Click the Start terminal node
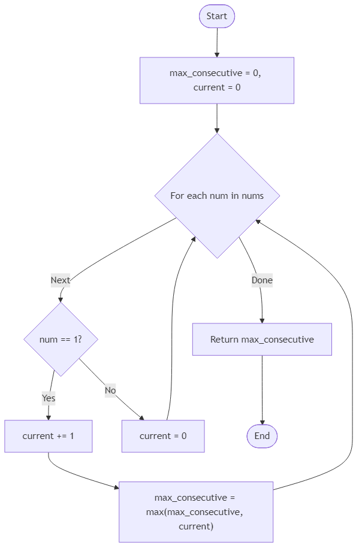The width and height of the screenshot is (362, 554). (x=217, y=16)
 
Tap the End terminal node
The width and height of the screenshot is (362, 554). (x=262, y=436)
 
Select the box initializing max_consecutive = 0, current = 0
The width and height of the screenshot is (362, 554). (x=217, y=80)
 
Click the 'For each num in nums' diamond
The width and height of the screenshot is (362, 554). (x=217, y=196)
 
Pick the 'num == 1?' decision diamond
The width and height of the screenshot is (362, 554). (x=61, y=340)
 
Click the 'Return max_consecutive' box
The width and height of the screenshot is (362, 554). (x=262, y=340)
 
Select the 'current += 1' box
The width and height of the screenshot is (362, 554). (x=49, y=436)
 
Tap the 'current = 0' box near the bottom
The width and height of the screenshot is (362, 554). (x=163, y=436)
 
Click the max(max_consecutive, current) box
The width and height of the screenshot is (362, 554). (x=196, y=512)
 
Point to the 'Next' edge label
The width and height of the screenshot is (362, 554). (x=61, y=280)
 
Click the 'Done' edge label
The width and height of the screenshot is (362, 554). (x=262, y=280)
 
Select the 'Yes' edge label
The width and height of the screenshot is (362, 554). (x=49, y=398)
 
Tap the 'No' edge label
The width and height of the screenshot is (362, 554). (x=110, y=390)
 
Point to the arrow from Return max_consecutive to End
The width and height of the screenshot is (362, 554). (x=262, y=389)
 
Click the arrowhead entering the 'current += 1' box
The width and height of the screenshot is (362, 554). (x=49, y=417)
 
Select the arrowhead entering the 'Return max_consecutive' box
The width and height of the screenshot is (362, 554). (x=262, y=320)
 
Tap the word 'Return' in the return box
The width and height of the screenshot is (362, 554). (x=224, y=340)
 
